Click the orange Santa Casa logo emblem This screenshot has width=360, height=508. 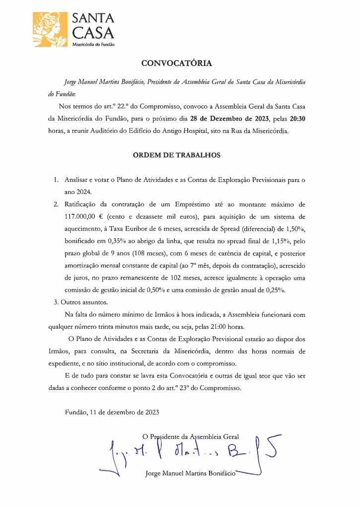(x=50, y=30)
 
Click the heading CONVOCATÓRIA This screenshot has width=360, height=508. (x=176, y=63)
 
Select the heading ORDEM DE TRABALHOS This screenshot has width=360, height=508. (x=176, y=155)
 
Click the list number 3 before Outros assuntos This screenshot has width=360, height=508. (x=56, y=301)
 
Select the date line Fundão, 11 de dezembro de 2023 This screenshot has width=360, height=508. (x=112, y=412)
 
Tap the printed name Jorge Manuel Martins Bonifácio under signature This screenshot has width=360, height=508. (x=189, y=473)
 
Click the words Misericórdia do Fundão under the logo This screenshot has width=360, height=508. (x=94, y=44)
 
